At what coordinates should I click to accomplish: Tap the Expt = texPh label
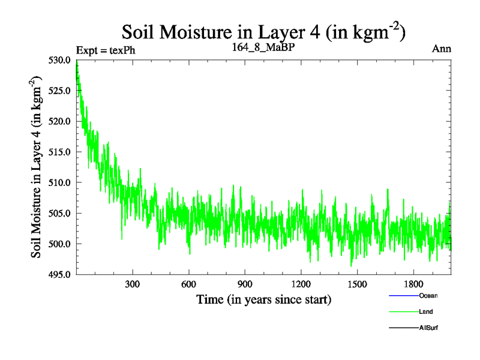point(106,50)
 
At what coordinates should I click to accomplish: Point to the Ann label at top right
point(442,49)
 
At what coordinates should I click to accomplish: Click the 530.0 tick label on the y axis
point(61,60)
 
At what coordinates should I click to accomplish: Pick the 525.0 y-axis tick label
point(61,91)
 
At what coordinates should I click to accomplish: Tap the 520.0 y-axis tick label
point(61,121)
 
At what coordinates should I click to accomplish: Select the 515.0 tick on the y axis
point(61,152)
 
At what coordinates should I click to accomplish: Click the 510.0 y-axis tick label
point(61,182)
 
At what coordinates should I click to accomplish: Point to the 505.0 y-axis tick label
point(61,213)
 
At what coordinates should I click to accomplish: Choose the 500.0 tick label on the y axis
point(61,244)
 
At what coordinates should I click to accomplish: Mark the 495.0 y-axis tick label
point(61,274)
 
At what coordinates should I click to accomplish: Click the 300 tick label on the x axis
point(133,284)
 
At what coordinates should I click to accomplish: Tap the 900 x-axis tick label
point(245,284)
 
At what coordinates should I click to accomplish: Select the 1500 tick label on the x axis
point(357,284)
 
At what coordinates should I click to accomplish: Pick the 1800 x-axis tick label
point(413,284)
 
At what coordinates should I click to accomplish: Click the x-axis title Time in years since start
point(264,299)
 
